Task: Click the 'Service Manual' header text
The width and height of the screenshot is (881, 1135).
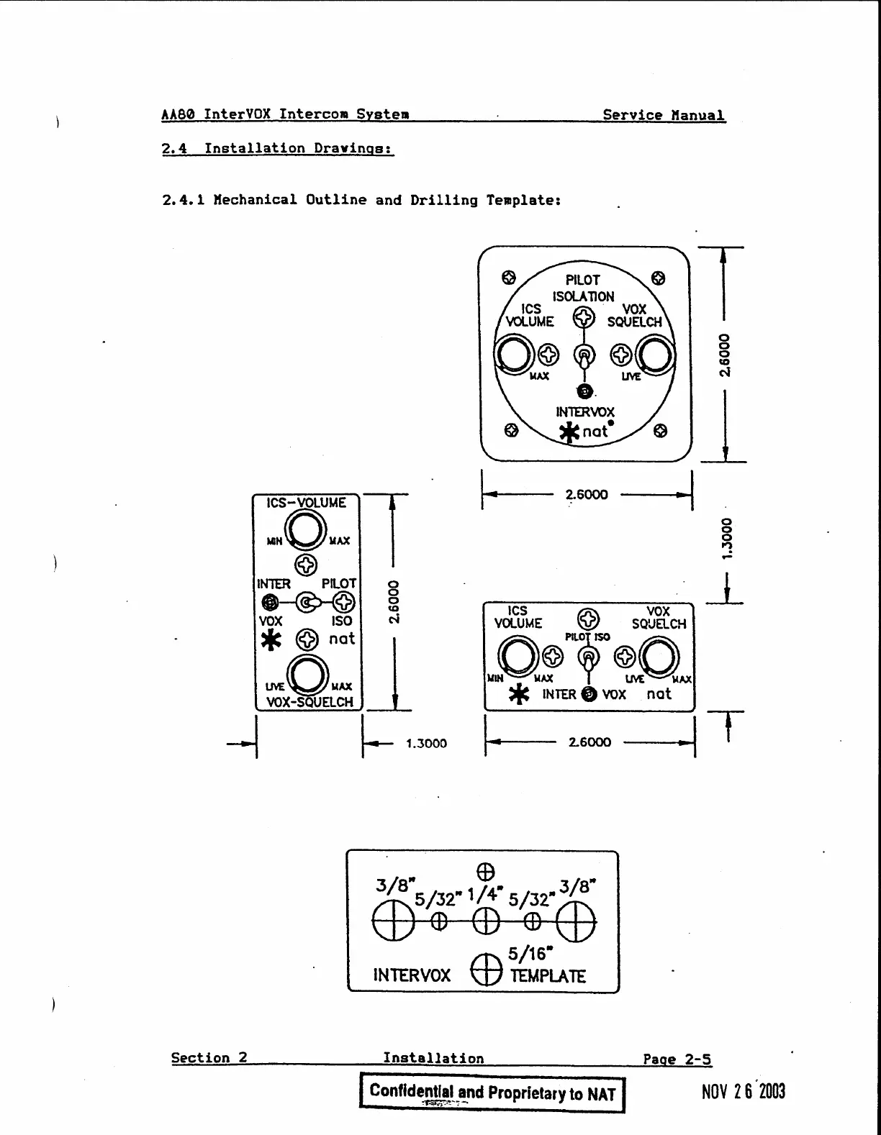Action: click(x=663, y=115)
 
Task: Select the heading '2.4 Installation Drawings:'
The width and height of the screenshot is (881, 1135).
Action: click(x=278, y=149)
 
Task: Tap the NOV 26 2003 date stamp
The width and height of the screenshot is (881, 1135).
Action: click(x=743, y=1092)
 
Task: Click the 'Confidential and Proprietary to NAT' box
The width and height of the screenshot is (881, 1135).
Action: click(x=492, y=1093)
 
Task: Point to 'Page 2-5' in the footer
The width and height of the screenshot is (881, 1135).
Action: click(x=677, y=1059)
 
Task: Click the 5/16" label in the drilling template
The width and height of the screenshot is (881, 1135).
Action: click(x=530, y=954)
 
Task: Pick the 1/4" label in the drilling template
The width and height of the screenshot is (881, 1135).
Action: click(x=485, y=894)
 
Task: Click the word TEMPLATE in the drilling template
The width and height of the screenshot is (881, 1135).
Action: click(x=548, y=976)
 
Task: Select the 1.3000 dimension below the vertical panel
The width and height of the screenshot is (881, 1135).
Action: click(x=426, y=744)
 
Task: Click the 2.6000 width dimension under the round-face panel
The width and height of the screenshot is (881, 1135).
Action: click(x=586, y=495)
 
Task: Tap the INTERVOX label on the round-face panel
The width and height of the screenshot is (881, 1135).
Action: click(x=584, y=412)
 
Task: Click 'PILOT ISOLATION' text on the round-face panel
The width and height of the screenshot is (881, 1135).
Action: click(x=583, y=288)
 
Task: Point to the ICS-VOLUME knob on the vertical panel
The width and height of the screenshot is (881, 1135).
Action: click(x=305, y=532)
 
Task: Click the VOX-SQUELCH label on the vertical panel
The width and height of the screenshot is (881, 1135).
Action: click(x=310, y=702)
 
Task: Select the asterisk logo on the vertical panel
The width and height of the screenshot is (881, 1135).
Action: click(x=271, y=639)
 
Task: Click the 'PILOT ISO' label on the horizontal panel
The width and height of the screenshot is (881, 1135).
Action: click(x=587, y=637)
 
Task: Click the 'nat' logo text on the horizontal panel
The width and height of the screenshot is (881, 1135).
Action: click(x=659, y=694)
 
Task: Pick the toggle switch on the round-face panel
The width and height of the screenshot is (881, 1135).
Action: click(x=584, y=355)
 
